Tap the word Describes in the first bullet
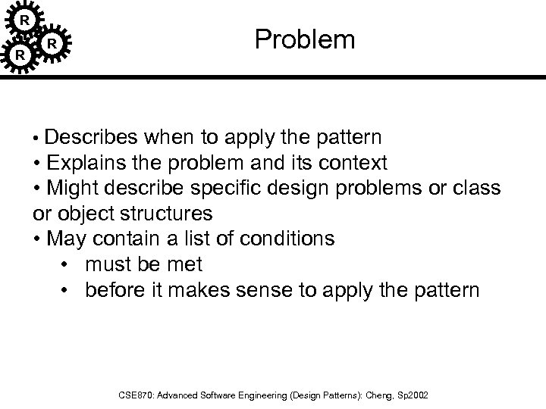[91, 138]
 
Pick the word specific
[222, 188]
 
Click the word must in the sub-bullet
[109, 264]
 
